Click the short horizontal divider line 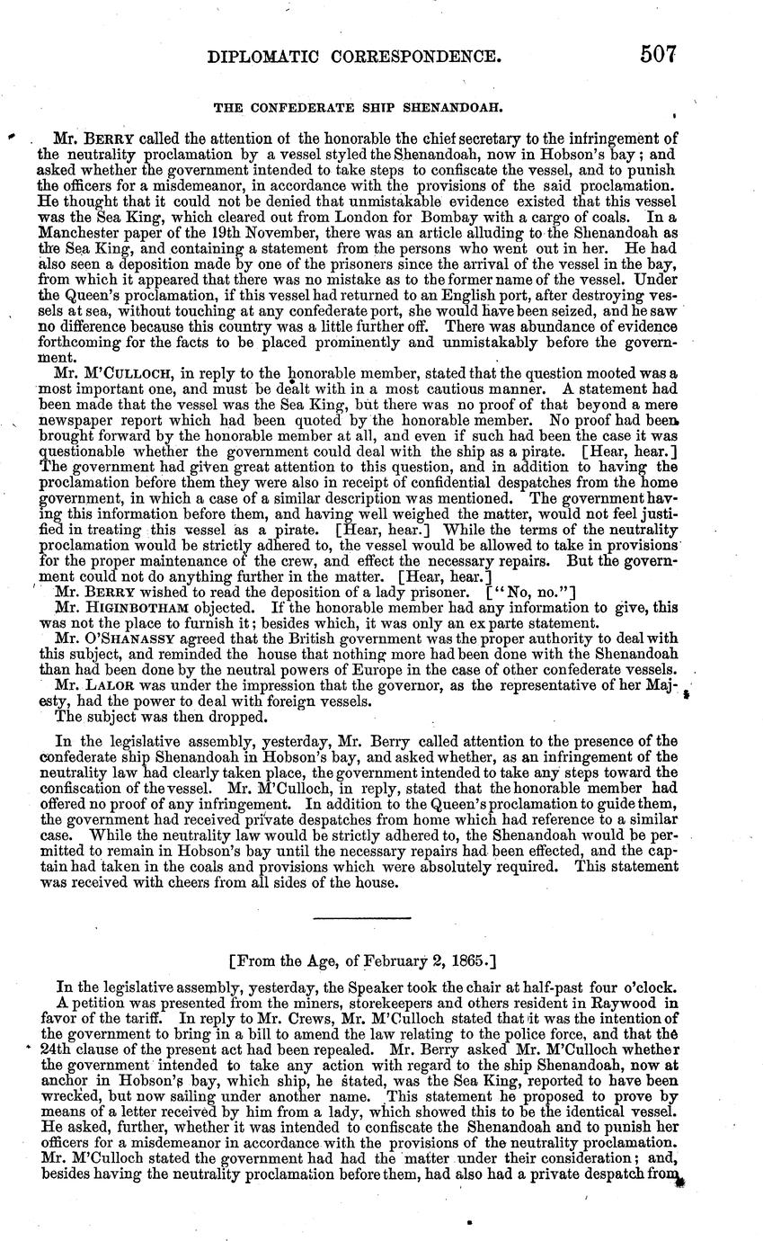click(x=360, y=917)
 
